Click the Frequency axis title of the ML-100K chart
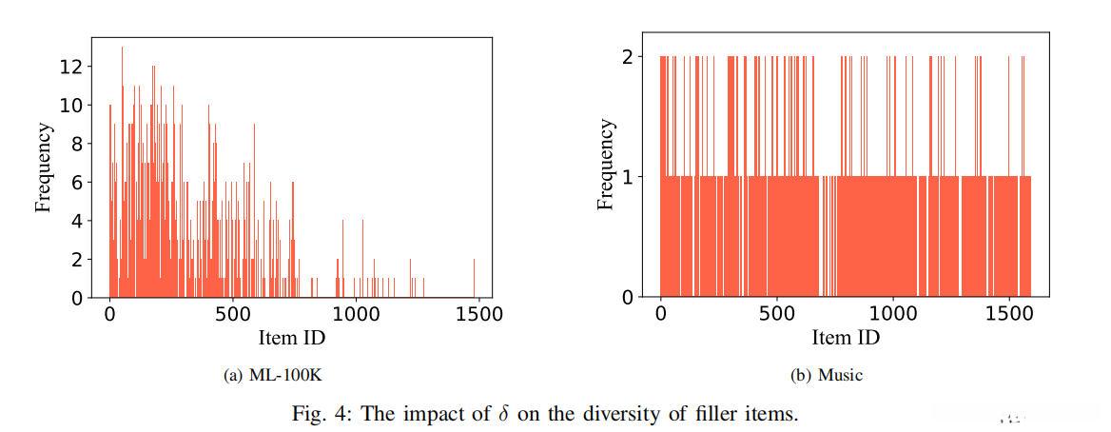pyautogui.click(x=43, y=167)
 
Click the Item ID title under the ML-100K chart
pyautogui.click(x=292, y=336)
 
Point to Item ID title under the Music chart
pyautogui.click(x=845, y=337)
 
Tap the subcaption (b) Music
pyautogui.click(x=827, y=376)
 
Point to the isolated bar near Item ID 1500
pyautogui.click(x=474, y=278)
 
